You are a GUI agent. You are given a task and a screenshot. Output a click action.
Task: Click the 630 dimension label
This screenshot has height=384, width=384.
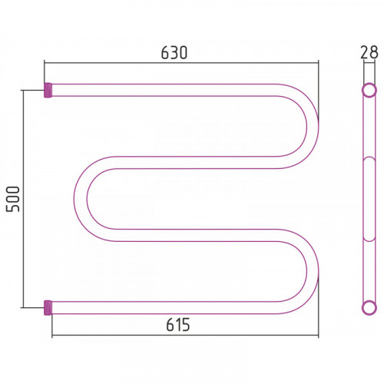click(x=174, y=53)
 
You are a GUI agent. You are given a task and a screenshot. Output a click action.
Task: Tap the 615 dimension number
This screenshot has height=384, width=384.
click(x=178, y=325)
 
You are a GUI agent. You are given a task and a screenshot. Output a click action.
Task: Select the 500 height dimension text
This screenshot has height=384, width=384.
click(x=13, y=199)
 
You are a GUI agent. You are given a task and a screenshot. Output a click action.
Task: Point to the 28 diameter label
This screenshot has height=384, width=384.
click(x=369, y=52)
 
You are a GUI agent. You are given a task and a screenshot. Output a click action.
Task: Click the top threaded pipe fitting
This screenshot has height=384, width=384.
click(x=48, y=90)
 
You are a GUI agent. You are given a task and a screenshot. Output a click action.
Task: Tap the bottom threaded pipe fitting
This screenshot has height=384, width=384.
click(x=48, y=308)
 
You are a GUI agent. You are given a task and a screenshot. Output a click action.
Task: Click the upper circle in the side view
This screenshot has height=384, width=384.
click(x=369, y=90)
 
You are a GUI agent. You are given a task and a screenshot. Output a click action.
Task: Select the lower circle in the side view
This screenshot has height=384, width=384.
click(x=369, y=308)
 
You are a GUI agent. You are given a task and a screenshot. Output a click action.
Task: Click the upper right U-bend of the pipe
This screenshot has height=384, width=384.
click(x=313, y=126)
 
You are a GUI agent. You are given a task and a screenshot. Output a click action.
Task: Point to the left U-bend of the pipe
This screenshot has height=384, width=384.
click(x=81, y=199)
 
